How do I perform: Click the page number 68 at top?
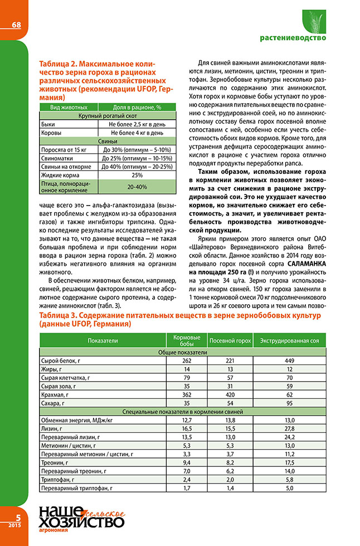(x=16, y=25)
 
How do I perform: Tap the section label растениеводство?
(x=293, y=38)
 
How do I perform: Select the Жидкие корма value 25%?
(x=137, y=174)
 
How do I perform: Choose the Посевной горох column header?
(x=230, y=340)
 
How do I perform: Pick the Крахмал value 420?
(x=230, y=393)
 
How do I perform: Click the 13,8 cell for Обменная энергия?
(x=230, y=420)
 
